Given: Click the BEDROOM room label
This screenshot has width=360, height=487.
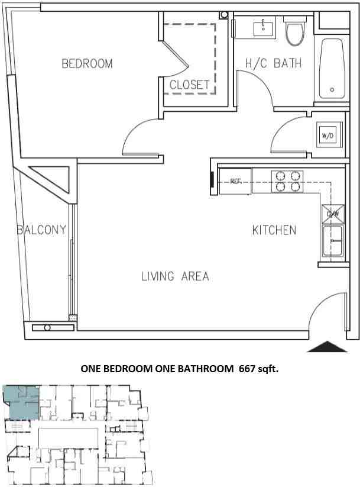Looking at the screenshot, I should [87, 64].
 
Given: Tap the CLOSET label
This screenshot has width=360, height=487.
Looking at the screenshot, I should [189, 85].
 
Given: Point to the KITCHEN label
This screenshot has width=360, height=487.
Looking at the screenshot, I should [274, 230].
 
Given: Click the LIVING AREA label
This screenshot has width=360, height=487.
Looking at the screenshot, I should [175, 276].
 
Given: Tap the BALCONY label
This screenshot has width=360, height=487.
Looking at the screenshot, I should [41, 230].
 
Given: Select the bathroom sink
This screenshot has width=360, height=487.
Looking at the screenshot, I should [263, 27].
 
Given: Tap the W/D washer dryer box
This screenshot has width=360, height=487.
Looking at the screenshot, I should [327, 136].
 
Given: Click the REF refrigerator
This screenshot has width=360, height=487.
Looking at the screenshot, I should [235, 181].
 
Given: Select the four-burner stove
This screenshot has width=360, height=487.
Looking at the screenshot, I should [287, 181].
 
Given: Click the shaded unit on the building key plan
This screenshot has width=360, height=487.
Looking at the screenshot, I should [21, 402].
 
